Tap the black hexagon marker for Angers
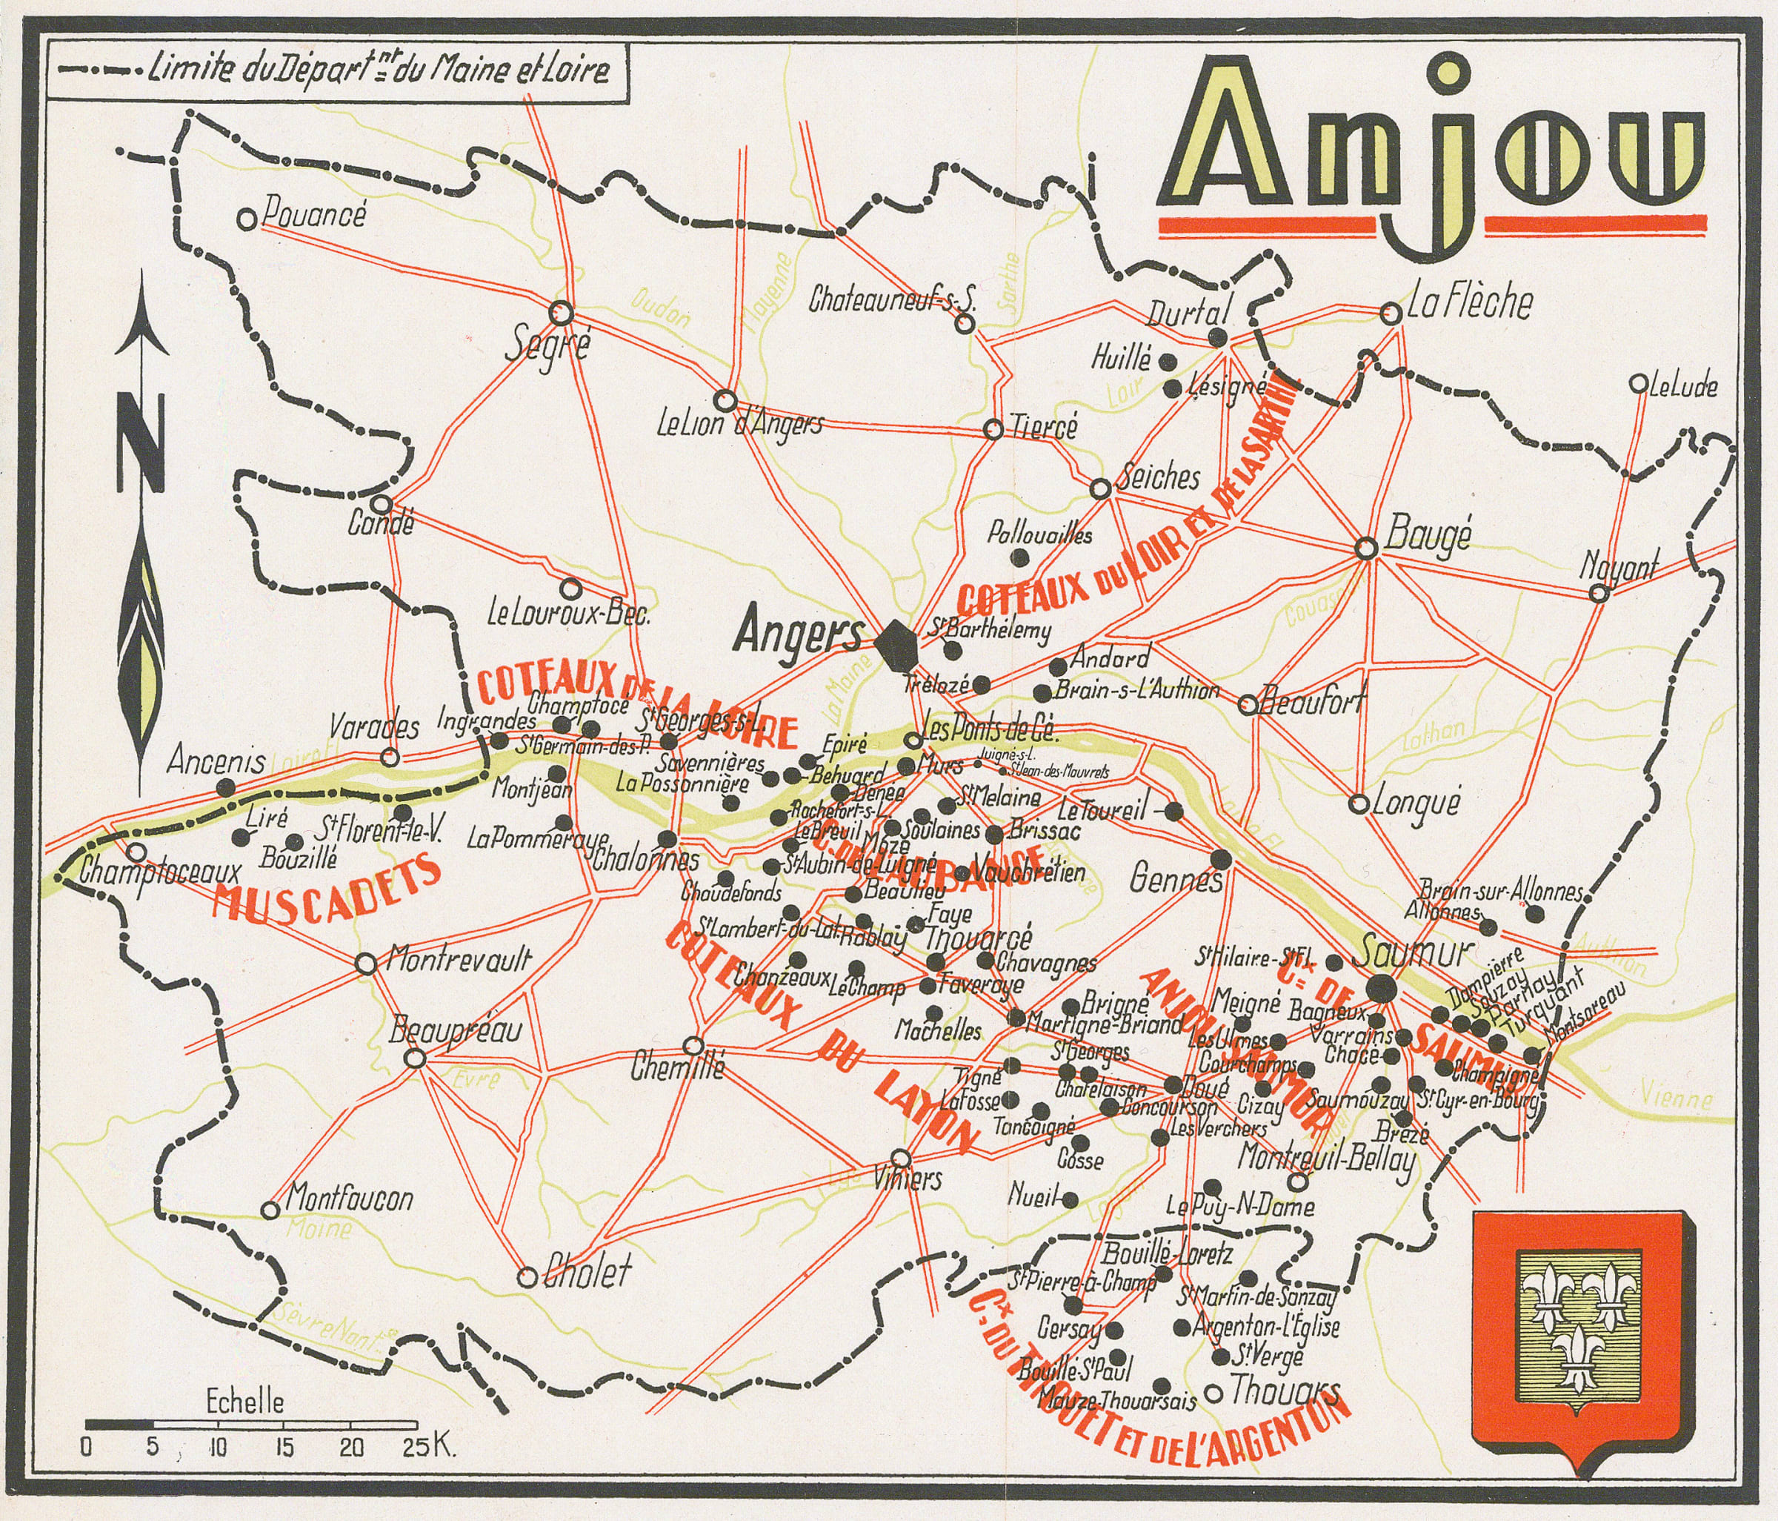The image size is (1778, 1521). click(898, 647)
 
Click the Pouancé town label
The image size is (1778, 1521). click(313, 213)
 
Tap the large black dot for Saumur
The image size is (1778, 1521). click(1381, 989)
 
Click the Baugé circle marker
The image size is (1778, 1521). click(1366, 548)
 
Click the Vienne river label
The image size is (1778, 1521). click(1675, 1098)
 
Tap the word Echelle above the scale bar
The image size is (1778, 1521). click(244, 1403)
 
